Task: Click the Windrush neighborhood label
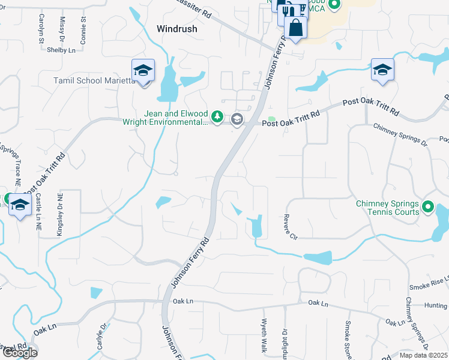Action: pos(177,28)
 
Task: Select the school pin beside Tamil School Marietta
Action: pos(143,71)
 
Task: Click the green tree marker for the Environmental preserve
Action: pos(218,116)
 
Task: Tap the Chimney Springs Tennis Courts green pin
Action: pos(427,208)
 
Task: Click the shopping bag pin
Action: pos(295,28)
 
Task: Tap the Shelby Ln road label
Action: pos(60,50)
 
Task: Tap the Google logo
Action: pos(19,352)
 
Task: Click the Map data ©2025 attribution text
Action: pos(423,355)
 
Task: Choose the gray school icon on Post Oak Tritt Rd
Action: pos(237,119)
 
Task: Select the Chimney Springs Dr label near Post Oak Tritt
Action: pos(400,135)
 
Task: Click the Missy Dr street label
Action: pos(62,30)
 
